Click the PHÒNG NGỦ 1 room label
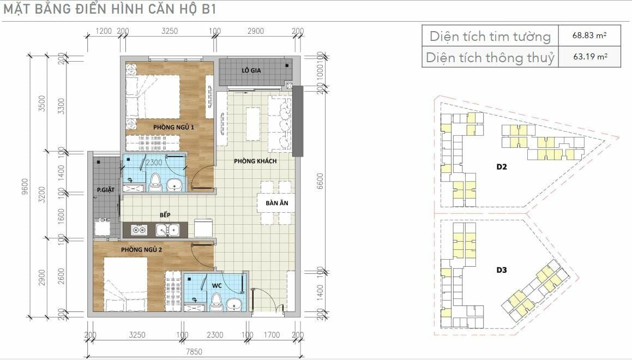point(173,127)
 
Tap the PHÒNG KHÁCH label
point(255,161)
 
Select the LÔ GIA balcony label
point(251,70)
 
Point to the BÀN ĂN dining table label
point(277,203)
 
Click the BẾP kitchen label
point(165,214)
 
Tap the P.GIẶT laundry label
point(106,189)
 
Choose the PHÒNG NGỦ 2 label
point(141,249)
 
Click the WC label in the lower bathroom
point(217,285)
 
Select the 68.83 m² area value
point(589,35)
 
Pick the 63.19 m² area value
point(590,56)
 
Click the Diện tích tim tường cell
point(490,37)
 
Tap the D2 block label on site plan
point(502,166)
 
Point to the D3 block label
point(502,269)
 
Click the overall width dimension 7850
point(194,351)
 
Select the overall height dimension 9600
point(25,186)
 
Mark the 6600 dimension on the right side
point(320,182)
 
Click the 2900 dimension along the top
point(256,31)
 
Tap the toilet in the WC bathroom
point(217,302)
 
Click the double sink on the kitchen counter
point(167,230)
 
